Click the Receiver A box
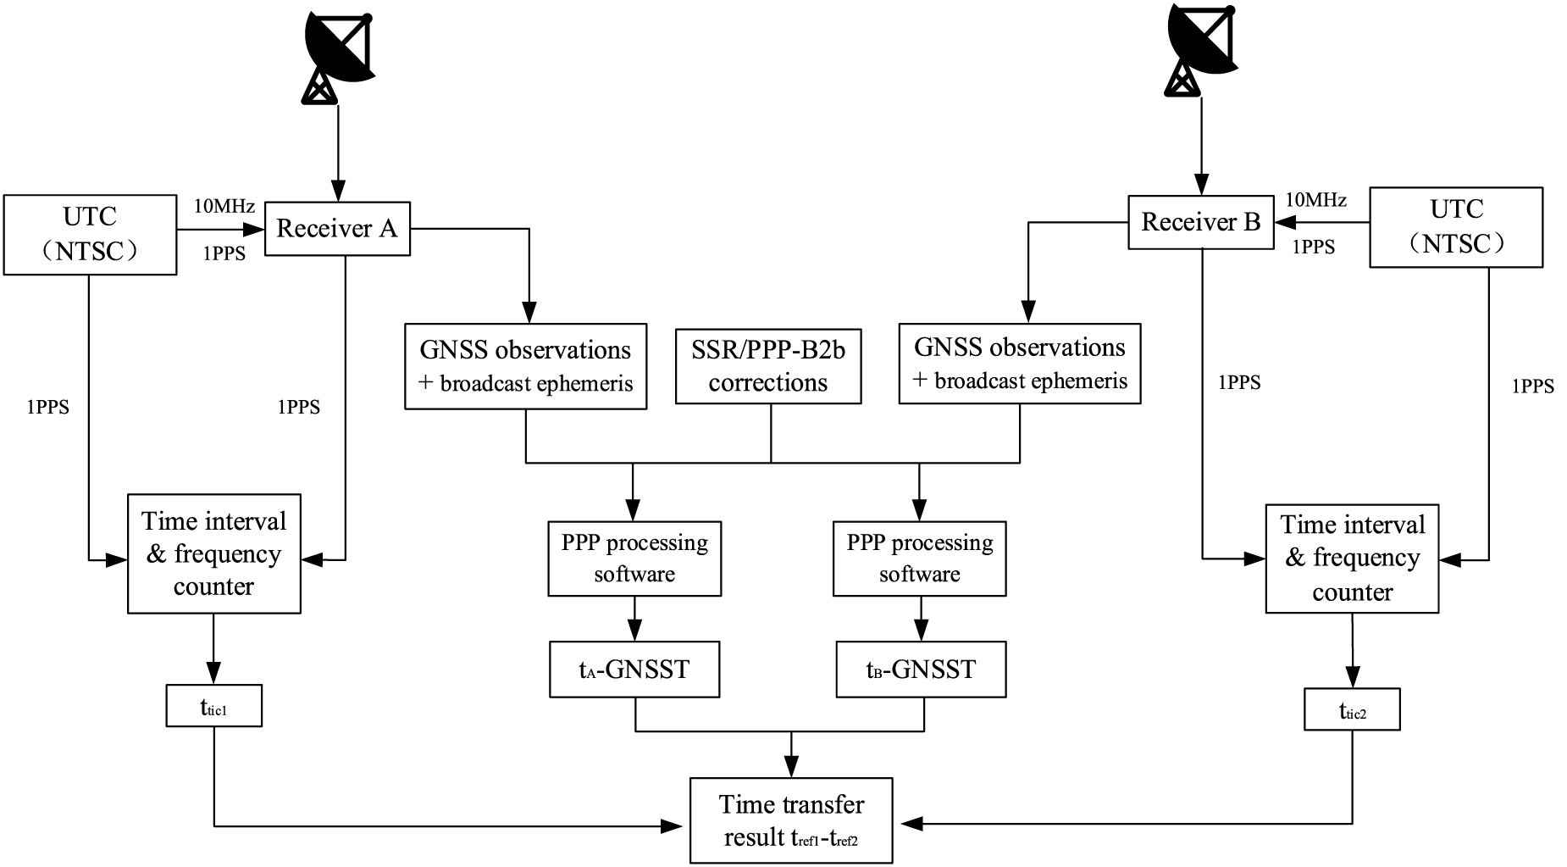click(337, 229)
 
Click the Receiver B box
click(1200, 223)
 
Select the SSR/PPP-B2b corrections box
click(768, 366)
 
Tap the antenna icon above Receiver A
click(338, 53)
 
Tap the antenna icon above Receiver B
click(1199, 47)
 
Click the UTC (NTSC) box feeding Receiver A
click(90, 234)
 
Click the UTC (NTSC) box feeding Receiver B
click(1456, 227)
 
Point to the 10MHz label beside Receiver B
click(1316, 200)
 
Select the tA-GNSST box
click(634, 670)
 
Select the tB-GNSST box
click(921, 670)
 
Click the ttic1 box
click(213, 707)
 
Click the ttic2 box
click(1352, 710)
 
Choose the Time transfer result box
click(791, 820)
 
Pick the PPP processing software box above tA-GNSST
click(634, 559)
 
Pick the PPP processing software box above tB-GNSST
click(920, 559)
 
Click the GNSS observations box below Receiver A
click(525, 366)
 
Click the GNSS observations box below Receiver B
click(1019, 364)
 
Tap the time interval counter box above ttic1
click(213, 553)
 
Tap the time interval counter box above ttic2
click(1352, 559)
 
